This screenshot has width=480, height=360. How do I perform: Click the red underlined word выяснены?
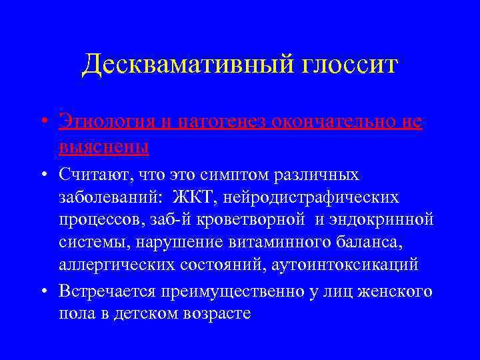(x=103, y=145)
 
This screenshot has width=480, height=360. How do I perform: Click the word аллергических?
(x=115, y=264)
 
